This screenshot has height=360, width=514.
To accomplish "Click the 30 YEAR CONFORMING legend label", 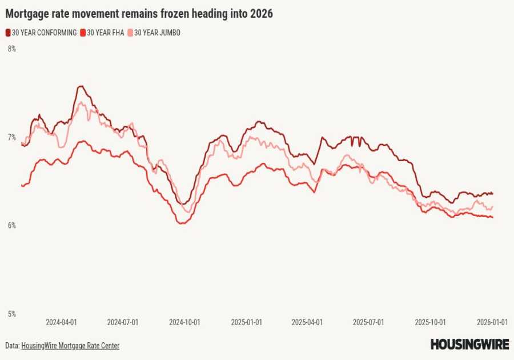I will [44, 33].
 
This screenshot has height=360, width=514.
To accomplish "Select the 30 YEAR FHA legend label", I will [105, 33].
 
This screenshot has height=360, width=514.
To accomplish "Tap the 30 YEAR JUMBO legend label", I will [157, 33].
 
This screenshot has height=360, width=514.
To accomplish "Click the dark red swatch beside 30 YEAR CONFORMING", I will [8, 33].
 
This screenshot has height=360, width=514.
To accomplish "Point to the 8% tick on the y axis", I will [11, 49].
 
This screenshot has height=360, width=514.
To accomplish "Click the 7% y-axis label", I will [11, 138].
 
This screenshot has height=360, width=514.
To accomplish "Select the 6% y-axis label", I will [11, 226].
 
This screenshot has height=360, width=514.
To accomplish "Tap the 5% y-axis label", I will [11, 314].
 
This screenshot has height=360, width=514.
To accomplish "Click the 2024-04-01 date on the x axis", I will [61, 322].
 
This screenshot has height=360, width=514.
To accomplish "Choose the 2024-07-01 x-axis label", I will [123, 322].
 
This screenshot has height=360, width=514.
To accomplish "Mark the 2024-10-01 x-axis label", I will [184, 322].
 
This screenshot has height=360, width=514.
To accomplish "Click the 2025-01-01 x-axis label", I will [246, 322].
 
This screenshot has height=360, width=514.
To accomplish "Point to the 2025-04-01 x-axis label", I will [307, 322].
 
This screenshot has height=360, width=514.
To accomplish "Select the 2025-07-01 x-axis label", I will [368, 322].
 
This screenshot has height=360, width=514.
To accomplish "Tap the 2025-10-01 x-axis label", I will [430, 322].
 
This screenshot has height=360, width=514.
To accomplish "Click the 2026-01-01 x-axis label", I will [492, 322].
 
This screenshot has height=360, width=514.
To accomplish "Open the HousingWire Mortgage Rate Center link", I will [70, 346].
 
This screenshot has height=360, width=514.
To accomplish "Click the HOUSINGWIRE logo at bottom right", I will [469, 344].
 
